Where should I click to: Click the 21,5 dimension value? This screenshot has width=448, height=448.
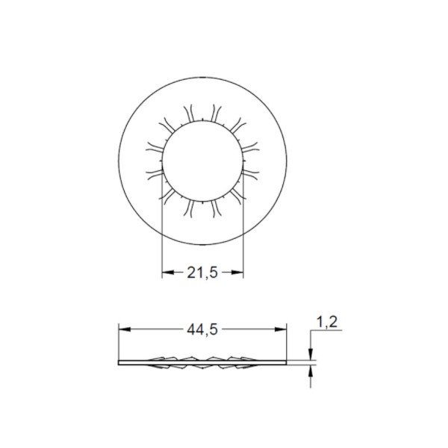[202, 273]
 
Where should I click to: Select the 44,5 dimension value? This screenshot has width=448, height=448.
[202, 330]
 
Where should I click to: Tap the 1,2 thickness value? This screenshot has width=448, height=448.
[327, 323]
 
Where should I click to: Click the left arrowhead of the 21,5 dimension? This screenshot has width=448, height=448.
[168, 273]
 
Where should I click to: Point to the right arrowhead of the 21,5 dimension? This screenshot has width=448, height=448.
[237, 273]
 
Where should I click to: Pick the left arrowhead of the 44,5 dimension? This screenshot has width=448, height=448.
[124, 329]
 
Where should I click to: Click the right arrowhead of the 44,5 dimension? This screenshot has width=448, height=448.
[280, 329]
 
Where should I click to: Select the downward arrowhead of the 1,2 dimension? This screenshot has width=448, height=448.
[311, 354]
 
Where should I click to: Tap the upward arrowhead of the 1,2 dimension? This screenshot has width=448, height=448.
[311, 371]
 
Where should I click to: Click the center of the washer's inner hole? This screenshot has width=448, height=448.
[202, 161]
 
